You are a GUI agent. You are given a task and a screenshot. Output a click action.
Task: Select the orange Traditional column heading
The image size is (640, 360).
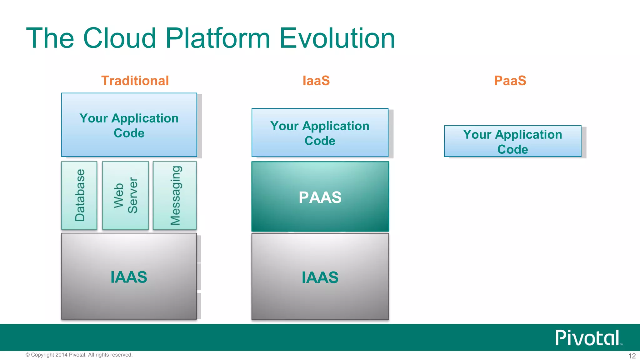[x=135, y=81]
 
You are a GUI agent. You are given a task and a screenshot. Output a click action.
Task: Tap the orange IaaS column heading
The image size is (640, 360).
[x=316, y=81]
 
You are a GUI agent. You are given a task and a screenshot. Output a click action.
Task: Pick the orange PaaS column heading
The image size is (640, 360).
[x=510, y=81]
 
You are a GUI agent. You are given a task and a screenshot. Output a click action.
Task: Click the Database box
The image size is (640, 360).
[x=79, y=195]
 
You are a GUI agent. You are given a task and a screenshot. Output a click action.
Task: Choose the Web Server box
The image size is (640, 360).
[x=125, y=195]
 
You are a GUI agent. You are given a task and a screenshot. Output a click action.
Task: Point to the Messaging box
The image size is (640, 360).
[x=175, y=195]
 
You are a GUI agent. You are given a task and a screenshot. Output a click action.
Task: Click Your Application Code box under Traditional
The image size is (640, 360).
[x=129, y=125]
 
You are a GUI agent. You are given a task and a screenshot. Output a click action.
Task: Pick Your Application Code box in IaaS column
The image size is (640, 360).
[x=320, y=133]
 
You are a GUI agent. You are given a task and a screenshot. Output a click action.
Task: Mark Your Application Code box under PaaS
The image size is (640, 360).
[x=512, y=141]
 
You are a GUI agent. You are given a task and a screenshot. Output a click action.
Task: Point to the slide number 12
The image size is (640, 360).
[x=632, y=356]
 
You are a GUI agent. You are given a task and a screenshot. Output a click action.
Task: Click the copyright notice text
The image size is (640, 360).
[x=79, y=355]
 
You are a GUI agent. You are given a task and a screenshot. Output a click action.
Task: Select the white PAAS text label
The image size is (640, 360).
[x=320, y=197]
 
